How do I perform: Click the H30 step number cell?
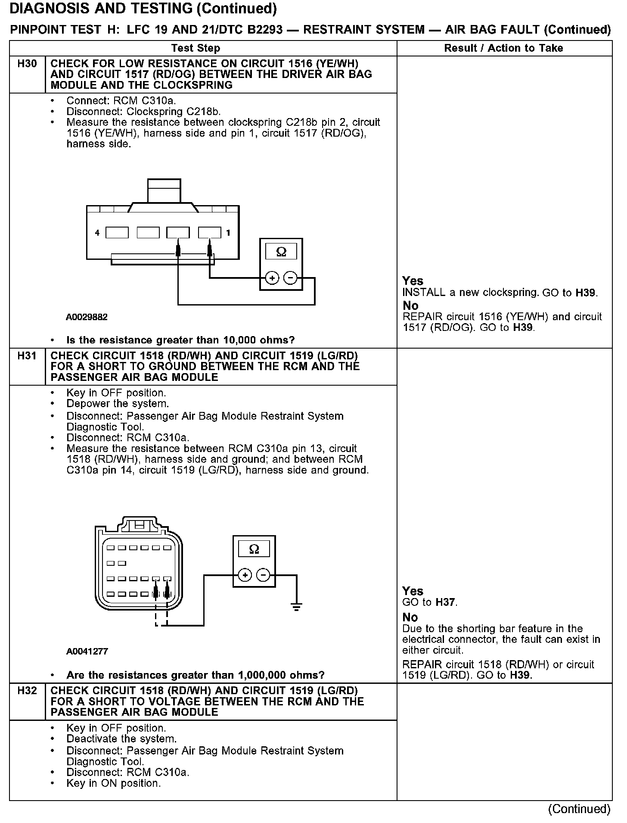(x=27, y=64)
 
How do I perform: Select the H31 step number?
(x=27, y=356)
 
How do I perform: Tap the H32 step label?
(x=27, y=691)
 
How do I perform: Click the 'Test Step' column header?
(x=196, y=48)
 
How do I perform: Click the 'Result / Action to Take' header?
(x=503, y=48)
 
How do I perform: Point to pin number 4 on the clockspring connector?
(x=97, y=233)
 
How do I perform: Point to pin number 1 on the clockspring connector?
(x=228, y=233)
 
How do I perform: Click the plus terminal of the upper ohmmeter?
(x=272, y=278)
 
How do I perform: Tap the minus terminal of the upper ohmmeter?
(x=291, y=278)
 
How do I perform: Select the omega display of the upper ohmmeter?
(x=281, y=252)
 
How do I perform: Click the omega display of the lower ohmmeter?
(x=254, y=549)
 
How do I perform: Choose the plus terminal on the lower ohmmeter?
(x=245, y=575)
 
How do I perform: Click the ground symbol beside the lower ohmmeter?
(x=296, y=607)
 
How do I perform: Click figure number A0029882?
(x=87, y=317)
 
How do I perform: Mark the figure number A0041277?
(x=87, y=651)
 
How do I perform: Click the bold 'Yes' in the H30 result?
(x=413, y=281)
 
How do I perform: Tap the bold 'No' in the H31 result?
(x=410, y=617)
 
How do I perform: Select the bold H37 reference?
(x=445, y=602)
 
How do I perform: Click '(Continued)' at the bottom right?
(x=579, y=809)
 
